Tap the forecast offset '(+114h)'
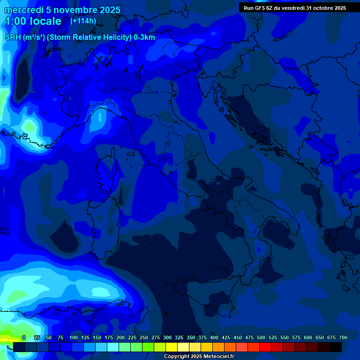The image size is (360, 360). click(x=83, y=21)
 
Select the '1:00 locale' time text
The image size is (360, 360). click(x=33, y=22)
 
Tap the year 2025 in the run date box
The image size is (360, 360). click(x=337, y=8)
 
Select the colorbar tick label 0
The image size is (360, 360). click(x=24, y=337)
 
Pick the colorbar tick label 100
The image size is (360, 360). click(x=73, y=337)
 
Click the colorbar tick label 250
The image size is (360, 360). click(x=144, y=337)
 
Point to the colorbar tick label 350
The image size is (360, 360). click(x=191, y=337)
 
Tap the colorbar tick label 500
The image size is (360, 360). click(x=261, y=337)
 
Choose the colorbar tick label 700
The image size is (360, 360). click(x=343, y=337)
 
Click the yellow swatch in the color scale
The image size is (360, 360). click(x=172, y=347)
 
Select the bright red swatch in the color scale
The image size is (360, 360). click(x=265, y=347)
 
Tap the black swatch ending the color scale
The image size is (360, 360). click(x=336, y=347)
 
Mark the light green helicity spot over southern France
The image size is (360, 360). click(x=29, y=126)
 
